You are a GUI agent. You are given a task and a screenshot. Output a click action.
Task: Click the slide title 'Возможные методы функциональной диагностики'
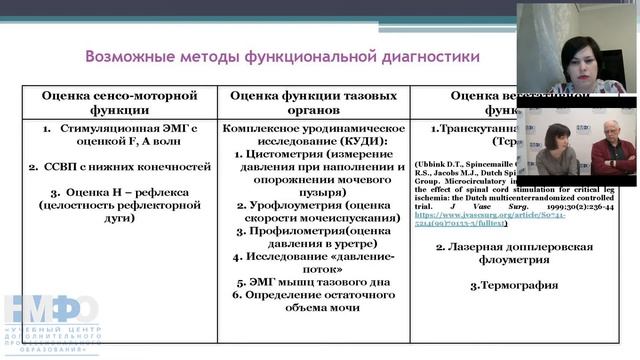(x=282, y=57)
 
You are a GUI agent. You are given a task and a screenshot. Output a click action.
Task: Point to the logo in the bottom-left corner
(x=50, y=320)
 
